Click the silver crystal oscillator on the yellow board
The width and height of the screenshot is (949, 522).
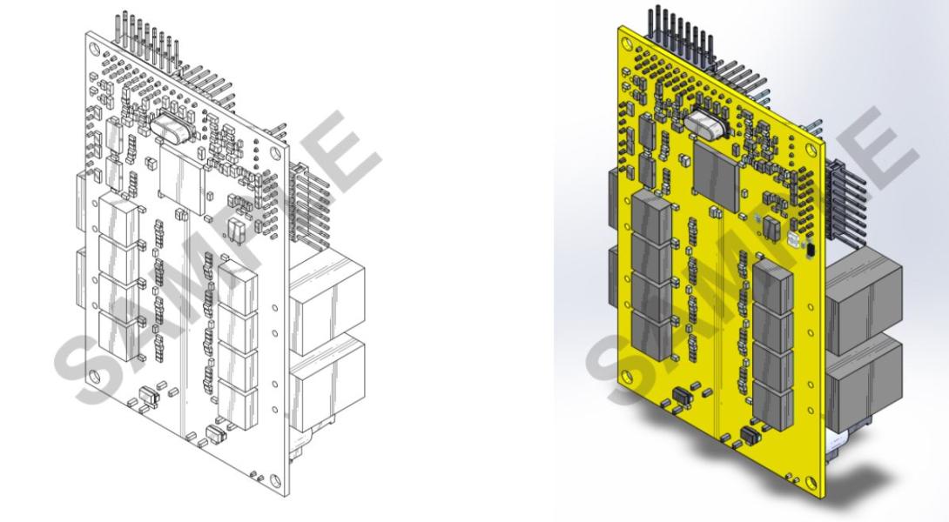pos(707,125)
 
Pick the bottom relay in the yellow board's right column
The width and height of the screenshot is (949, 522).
pos(774,402)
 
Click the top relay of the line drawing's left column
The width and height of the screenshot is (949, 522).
pos(117,217)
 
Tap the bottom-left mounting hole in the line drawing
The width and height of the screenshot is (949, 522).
pos(93,376)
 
